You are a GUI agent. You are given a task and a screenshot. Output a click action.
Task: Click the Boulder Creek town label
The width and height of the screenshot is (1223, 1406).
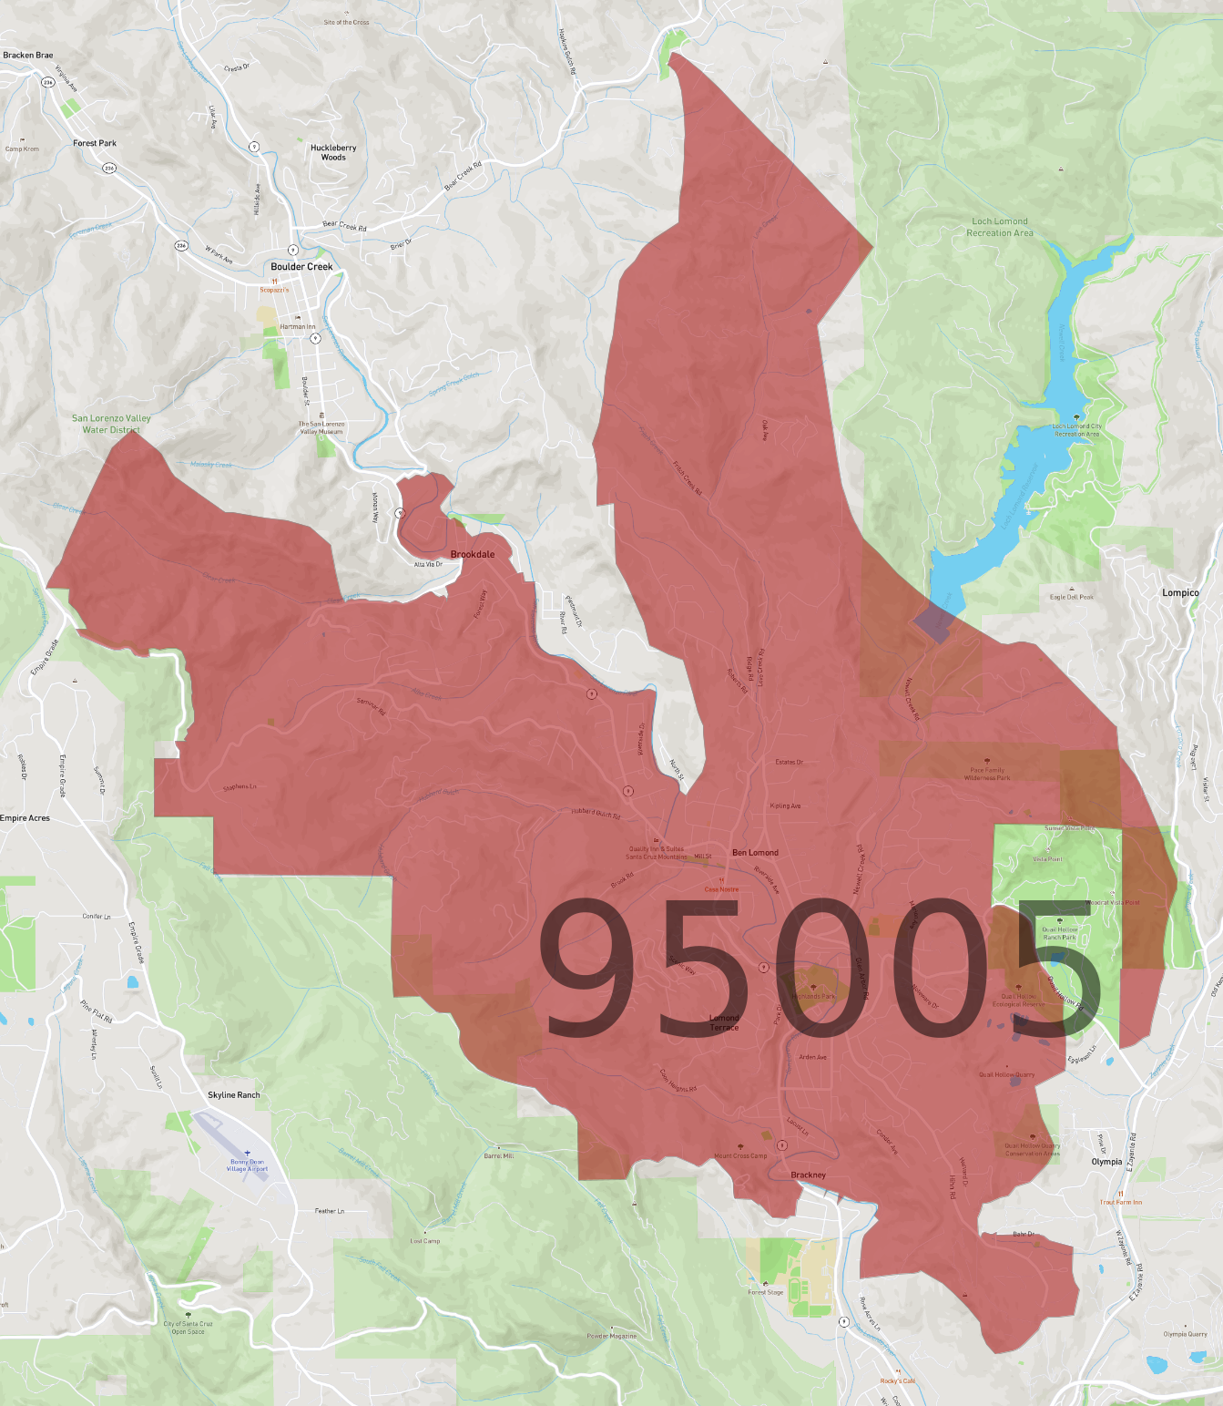[x=301, y=267]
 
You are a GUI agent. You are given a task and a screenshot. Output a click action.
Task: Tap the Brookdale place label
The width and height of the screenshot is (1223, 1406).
[x=473, y=554]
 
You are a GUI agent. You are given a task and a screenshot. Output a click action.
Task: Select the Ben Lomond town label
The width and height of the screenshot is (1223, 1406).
[x=755, y=853]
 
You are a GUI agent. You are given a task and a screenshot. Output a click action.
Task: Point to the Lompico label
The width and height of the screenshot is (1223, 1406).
[x=1180, y=592]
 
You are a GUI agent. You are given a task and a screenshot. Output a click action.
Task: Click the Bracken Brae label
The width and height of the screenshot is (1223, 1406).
[x=28, y=55]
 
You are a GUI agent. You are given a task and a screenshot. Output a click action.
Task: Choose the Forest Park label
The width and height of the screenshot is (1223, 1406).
[x=95, y=143]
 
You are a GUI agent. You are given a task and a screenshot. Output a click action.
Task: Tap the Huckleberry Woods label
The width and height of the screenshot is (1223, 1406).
[x=333, y=152]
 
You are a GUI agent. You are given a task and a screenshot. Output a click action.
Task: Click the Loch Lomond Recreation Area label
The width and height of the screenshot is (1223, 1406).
[x=1000, y=227]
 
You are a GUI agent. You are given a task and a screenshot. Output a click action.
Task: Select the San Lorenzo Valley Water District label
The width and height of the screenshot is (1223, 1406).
[x=111, y=424]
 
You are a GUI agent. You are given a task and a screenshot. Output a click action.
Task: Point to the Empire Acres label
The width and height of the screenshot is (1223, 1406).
[x=25, y=818]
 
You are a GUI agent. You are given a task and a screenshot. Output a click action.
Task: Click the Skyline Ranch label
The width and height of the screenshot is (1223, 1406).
[x=234, y=1095]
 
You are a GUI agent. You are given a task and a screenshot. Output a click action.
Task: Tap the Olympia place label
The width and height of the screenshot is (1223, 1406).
[x=1106, y=1162]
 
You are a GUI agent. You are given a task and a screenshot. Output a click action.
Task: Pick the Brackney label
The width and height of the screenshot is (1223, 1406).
[x=809, y=1175]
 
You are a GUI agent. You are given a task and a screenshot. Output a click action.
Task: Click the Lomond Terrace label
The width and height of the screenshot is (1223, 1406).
[x=725, y=1022]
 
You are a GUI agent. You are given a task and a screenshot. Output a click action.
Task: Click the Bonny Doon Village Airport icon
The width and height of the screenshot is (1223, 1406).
[x=247, y=1153]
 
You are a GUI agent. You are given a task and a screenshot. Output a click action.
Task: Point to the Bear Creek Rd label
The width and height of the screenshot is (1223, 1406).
[x=344, y=226]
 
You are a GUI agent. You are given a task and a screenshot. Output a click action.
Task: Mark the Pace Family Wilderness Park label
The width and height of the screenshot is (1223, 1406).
[x=987, y=774]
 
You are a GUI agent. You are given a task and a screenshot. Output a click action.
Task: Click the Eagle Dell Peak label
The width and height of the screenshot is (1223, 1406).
[x=1071, y=597]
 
